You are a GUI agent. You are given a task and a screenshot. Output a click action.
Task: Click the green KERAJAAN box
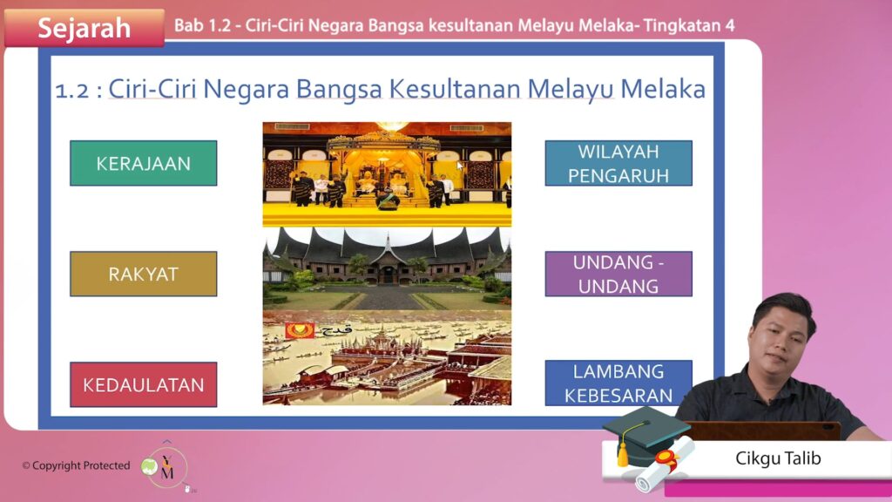pyautogui.click(x=144, y=163)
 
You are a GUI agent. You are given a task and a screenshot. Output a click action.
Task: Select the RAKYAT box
pyautogui.click(x=144, y=274)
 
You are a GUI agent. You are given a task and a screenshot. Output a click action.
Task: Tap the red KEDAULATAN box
pyautogui.click(x=144, y=384)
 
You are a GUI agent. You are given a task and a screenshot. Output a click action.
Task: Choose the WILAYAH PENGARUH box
pyautogui.click(x=618, y=163)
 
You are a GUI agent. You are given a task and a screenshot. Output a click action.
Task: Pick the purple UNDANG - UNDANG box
pyautogui.click(x=618, y=274)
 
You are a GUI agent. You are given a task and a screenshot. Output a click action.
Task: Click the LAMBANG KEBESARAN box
pyautogui.click(x=618, y=383)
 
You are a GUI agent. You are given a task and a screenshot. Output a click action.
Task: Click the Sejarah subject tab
pyautogui.click(x=84, y=27)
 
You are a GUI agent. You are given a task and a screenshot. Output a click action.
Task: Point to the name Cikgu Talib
pyautogui.click(x=778, y=458)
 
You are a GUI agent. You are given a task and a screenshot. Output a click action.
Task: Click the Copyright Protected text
pyautogui.click(x=77, y=465)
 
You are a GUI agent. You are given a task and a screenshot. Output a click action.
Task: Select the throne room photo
pyautogui.click(x=387, y=174)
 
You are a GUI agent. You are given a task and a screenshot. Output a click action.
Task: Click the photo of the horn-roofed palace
pyautogui.click(x=387, y=268)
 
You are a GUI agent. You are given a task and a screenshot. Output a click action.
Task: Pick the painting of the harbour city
pyautogui.click(x=387, y=357)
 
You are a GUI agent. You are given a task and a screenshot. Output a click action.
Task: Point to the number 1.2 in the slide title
pyautogui.click(x=71, y=91)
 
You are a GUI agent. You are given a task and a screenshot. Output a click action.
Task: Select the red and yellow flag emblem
pyautogui.click(x=300, y=330)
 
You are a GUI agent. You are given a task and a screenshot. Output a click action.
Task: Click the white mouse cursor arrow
pyautogui.click(x=460, y=166)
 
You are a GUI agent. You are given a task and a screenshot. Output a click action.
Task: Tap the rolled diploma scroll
pyautogui.click(x=665, y=464)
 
